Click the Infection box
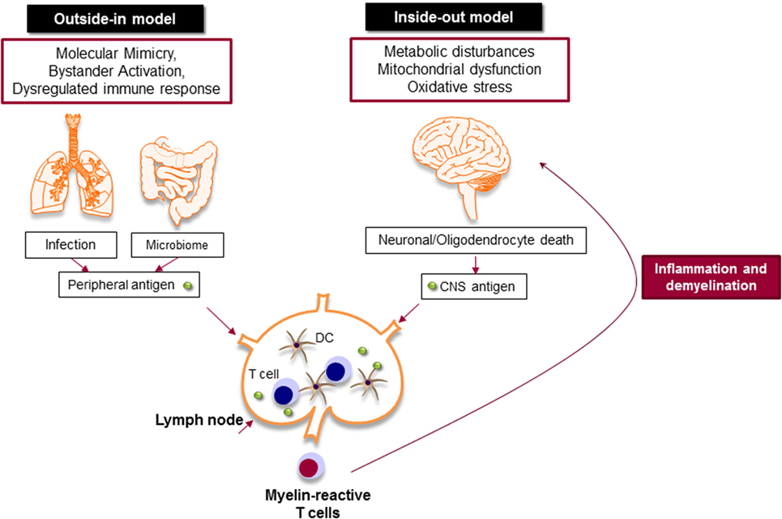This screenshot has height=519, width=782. tap(70, 244)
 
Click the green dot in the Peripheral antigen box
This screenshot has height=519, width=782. tap(187, 285)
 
